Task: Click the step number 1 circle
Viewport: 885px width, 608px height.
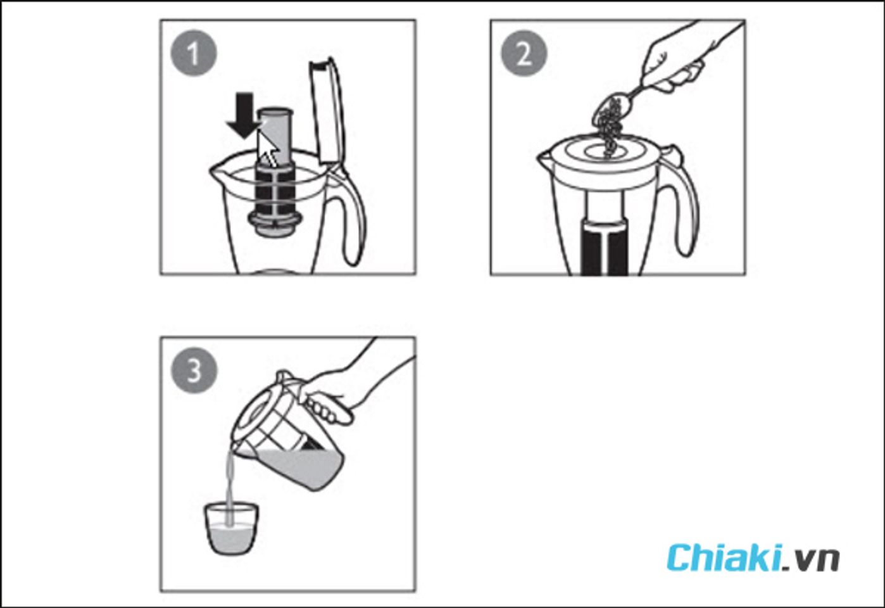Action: pos(194,53)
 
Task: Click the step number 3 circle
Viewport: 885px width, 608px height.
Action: pos(194,370)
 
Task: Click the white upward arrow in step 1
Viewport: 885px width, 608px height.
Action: pos(268,149)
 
